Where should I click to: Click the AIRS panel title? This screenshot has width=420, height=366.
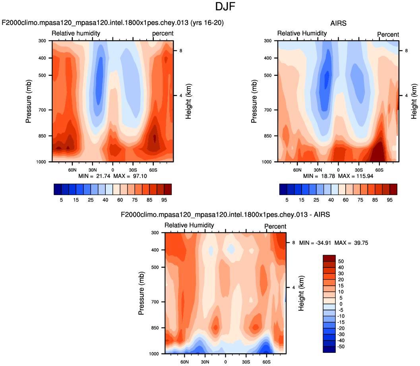point(338,23)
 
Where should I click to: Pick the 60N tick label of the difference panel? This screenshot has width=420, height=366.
point(184,362)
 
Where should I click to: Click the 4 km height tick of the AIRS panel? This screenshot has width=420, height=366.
point(406,95)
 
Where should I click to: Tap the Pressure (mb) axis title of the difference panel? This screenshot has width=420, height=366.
point(141,293)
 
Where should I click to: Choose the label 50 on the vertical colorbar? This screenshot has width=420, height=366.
point(340,261)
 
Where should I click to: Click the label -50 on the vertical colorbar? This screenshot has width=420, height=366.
point(341,347)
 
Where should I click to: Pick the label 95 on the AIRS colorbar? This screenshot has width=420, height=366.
point(389,200)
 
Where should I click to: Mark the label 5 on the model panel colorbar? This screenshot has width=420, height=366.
point(61,200)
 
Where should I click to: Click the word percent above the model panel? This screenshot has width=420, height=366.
point(163,33)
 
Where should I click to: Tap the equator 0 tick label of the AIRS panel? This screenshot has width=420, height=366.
point(338,170)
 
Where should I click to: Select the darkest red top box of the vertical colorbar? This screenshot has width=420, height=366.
point(329,258)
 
